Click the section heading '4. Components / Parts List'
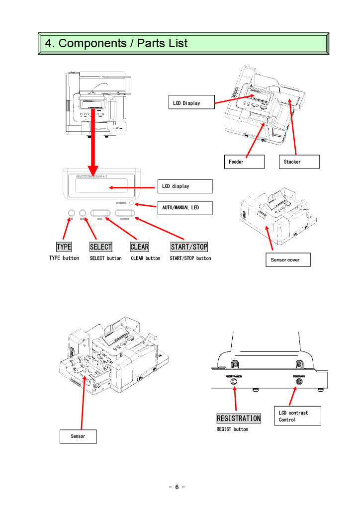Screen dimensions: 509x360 click(116, 43)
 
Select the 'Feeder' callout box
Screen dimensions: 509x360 click(243, 162)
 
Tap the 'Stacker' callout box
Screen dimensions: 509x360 click(299, 162)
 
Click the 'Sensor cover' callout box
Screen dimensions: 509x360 click(287, 259)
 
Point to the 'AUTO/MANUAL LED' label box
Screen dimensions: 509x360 click(185, 207)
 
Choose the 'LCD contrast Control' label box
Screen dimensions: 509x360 click(297, 416)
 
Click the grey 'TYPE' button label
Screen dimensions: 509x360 click(64, 247)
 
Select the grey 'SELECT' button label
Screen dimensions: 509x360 click(101, 247)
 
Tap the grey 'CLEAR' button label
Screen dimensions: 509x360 click(140, 247)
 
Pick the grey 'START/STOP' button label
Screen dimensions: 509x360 click(189, 247)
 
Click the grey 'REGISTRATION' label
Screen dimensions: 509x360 click(239, 419)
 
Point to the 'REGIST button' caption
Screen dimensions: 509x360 click(232, 429)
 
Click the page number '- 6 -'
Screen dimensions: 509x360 click(177, 487)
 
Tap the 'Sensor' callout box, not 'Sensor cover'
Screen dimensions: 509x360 click(78, 436)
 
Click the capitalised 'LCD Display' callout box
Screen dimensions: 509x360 click(191, 103)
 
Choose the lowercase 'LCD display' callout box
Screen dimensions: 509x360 click(185, 186)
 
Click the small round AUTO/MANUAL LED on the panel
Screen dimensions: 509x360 click(131, 203)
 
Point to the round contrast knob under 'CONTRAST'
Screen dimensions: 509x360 click(299, 385)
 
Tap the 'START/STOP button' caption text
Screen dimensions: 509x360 click(190, 258)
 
